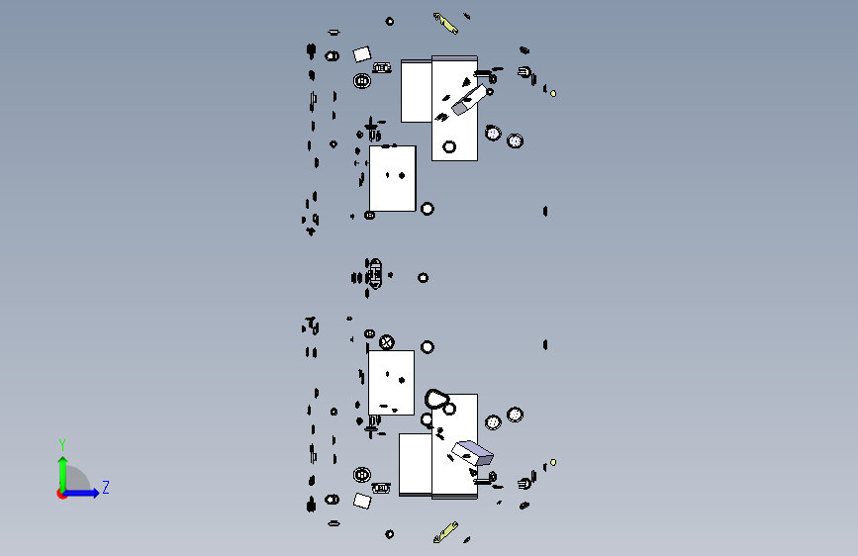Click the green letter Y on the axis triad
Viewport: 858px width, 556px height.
62,444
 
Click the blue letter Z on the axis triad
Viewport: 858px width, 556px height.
106,487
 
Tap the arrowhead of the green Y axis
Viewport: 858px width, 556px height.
63,461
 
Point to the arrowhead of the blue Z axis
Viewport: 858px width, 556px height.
96,493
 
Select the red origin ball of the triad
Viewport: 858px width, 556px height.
61,494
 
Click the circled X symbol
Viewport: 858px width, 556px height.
386,342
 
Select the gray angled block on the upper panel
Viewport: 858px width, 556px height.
469,100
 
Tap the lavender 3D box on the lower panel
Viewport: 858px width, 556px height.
472,452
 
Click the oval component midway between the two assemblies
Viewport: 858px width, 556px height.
374,273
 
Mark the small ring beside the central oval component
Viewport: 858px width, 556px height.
423,278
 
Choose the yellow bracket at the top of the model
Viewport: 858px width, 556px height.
446,24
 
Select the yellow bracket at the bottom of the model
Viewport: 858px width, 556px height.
446,532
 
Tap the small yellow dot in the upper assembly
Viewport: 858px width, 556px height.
553,94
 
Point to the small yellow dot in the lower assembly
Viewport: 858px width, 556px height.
553,462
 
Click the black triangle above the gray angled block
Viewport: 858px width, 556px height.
466,82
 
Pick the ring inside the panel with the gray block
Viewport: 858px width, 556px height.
449,146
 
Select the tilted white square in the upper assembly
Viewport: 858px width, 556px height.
361,54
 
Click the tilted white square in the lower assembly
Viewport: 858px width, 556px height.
361,501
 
